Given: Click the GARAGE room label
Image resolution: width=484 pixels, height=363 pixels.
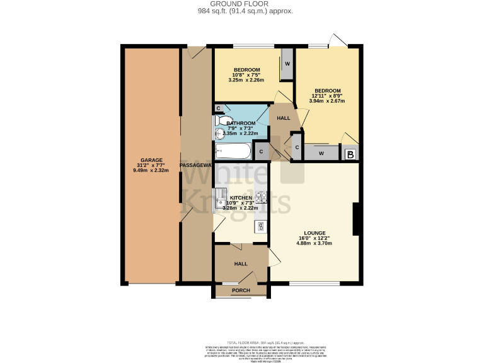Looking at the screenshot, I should tap(152, 160).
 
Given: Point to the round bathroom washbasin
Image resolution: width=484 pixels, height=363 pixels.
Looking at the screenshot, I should tap(219, 132).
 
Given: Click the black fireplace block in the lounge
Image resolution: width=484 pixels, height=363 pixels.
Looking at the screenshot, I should tap(356, 218).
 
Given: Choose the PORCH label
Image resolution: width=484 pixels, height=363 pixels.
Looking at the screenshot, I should tap(241, 291).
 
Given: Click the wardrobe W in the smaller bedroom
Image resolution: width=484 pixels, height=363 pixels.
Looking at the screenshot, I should tap(287, 64).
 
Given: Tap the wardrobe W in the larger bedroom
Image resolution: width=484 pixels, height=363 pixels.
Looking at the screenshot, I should tap(321, 153).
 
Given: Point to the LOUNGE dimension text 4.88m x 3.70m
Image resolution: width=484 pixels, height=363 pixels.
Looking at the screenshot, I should tap(314, 243).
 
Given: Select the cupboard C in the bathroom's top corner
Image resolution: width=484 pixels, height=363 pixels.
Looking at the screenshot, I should tap(218, 108).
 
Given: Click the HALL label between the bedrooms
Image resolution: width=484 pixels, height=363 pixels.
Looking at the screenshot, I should tap(284, 118).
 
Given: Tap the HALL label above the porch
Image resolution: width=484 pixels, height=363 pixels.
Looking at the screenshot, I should tap(241, 264).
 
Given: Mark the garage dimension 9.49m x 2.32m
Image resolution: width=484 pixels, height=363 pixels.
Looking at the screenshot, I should tap(152, 170).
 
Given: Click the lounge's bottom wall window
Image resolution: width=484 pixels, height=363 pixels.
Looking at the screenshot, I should tap(313, 282).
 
